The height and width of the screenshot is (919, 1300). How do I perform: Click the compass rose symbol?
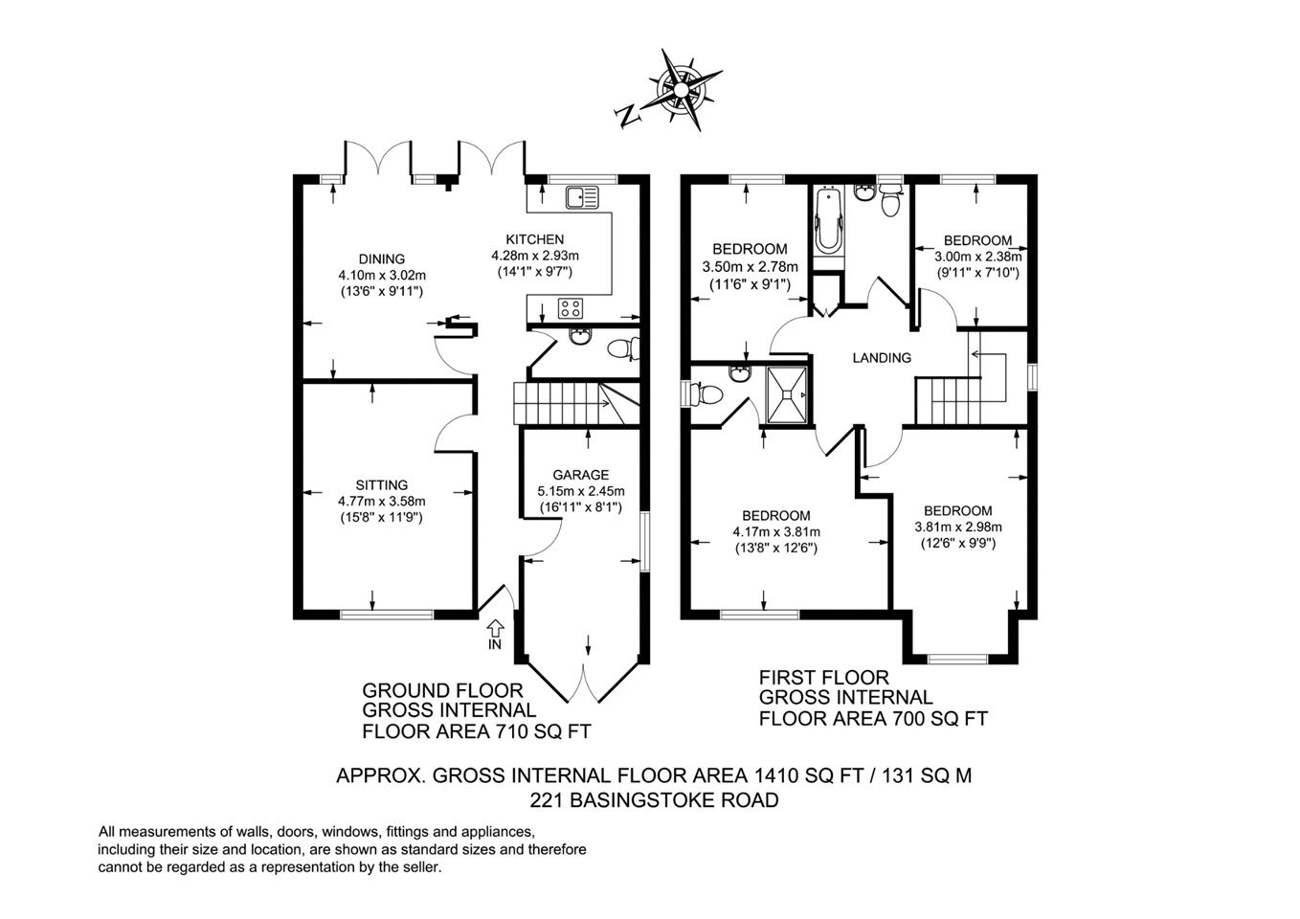point(682,90)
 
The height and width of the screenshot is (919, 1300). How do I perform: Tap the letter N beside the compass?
point(627,117)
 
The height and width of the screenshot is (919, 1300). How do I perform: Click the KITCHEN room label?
point(534,239)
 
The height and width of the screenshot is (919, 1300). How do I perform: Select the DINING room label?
point(381,258)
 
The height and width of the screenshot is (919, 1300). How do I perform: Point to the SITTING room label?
point(381,485)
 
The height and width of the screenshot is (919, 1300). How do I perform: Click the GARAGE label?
point(580,475)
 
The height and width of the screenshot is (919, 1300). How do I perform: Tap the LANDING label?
point(882,358)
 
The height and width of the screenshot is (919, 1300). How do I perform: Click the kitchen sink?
point(582,197)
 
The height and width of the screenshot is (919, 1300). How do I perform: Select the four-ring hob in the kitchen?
point(571,307)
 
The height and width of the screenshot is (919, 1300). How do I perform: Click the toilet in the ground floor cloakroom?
point(623,349)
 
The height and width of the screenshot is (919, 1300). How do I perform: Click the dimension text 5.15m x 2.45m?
point(580,491)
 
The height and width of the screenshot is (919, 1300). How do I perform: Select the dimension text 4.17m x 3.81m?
point(776,531)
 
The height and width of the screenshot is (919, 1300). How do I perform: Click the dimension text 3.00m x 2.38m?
point(978,256)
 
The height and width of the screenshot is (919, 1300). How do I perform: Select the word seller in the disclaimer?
point(427,867)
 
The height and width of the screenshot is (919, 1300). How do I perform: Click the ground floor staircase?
point(576,403)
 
